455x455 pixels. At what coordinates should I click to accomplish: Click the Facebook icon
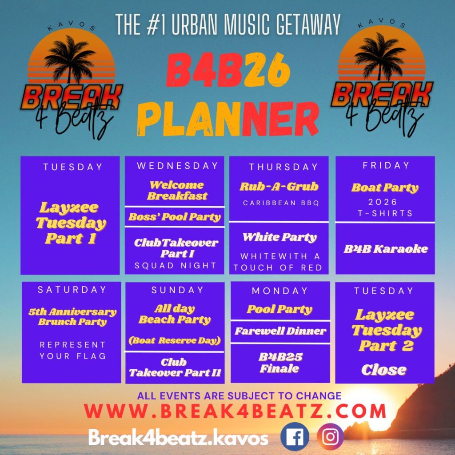[295, 436]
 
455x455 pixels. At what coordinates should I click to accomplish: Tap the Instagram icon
[330, 436]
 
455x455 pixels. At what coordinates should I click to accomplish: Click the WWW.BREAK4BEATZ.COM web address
[235, 411]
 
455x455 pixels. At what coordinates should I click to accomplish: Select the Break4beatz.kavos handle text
[178, 438]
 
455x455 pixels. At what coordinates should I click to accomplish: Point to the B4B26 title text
[228, 70]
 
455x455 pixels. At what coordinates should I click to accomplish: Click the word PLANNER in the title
[228, 119]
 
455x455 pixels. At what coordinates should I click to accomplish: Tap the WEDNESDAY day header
[178, 166]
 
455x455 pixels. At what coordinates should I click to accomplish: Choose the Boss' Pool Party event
[175, 217]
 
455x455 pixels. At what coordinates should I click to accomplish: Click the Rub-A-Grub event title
[279, 187]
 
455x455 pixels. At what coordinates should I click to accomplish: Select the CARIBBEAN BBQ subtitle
[281, 203]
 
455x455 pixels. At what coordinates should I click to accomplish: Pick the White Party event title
[279, 237]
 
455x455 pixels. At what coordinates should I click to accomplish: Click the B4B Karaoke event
[386, 249]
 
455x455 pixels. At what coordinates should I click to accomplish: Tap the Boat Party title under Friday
[385, 188]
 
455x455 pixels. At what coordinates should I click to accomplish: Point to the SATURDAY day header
[72, 290]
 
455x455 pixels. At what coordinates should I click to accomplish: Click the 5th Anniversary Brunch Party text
[72, 316]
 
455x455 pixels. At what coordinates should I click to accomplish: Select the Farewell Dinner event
[280, 331]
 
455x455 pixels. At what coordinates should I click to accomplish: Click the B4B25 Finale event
[280, 363]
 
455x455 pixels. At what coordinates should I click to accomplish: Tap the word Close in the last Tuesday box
[384, 370]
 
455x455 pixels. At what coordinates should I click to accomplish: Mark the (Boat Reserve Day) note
[174, 340]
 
